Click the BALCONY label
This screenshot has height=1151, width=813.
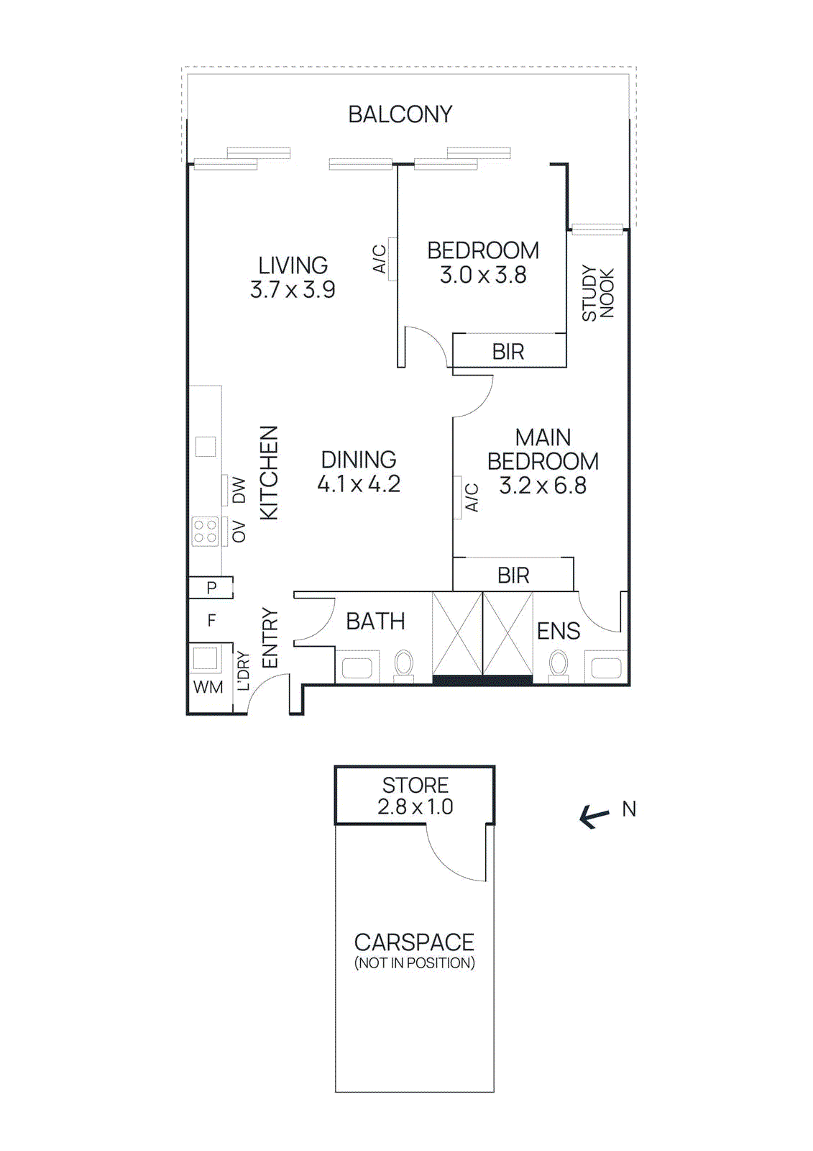coord(400,114)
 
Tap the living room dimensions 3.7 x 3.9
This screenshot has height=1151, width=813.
coord(293,290)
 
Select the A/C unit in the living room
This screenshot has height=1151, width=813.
coord(392,259)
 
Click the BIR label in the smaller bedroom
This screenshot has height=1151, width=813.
coord(508,352)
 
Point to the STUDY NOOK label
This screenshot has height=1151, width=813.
coord(597,293)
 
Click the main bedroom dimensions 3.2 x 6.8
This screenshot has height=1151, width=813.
coord(543,486)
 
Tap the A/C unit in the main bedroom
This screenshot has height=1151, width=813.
coord(457,498)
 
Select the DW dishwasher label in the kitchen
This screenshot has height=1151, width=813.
coord(239,490)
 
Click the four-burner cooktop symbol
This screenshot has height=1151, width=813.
coord(206,532)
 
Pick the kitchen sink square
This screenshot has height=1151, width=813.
coord(206,447)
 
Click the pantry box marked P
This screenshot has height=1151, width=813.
coord(211,588)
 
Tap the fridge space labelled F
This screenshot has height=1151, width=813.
coord(211,620)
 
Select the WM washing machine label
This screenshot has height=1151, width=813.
coord(208,687)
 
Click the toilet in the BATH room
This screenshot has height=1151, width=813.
coord(404,665)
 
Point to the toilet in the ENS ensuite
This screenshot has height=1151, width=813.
coord(559,665)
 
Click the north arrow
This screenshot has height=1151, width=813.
coord(594,816)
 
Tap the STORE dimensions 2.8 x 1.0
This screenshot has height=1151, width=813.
coord(415,807)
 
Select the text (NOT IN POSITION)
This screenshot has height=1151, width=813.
coord(414,963)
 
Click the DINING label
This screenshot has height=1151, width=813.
coord(358,460)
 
